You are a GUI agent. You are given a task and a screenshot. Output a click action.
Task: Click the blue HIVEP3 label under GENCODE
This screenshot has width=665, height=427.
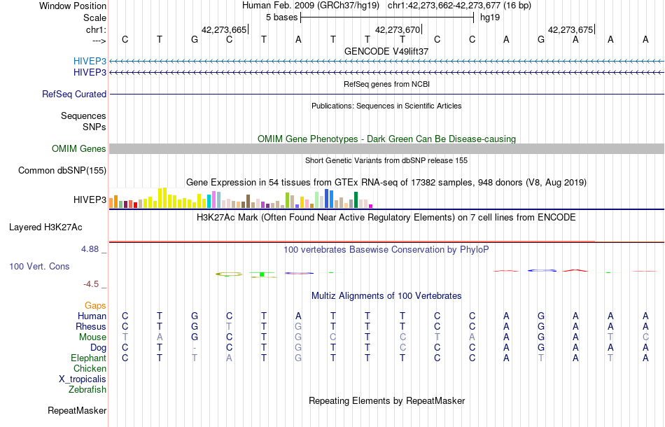tap(90, 61)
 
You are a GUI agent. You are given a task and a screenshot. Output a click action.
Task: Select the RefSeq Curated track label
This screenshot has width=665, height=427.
tap(74, 94)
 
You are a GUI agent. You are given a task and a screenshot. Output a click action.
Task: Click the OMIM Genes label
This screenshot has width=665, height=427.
tap(79, 148)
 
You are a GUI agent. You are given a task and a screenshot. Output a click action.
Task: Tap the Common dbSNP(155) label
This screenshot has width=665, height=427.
tap(62, 170)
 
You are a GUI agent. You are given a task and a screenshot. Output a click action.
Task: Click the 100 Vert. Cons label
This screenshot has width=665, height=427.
tap(39, 267)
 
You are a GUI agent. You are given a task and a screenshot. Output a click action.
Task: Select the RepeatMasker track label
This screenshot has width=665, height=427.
tap(77, 410)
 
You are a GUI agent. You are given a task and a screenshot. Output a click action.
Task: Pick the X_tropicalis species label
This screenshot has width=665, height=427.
tap(83, 379)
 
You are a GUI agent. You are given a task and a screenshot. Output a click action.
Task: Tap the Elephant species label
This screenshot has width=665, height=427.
tap(88, 358)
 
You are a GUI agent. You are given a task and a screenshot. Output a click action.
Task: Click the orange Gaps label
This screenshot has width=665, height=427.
tap(95, 305)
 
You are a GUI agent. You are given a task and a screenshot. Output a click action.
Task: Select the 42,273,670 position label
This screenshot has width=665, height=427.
tap(398, 29)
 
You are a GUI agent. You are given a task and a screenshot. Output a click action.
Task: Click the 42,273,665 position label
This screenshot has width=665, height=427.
tap(224, 29)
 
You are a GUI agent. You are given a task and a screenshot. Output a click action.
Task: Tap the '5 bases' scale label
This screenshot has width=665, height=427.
tap(282, 17)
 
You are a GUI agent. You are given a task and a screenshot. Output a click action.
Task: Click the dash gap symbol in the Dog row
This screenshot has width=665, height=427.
tap(195, 348)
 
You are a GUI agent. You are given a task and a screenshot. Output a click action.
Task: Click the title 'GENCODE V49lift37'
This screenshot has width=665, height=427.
tap(386, 51)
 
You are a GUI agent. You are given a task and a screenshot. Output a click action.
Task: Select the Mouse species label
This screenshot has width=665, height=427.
tap(92, 337)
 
